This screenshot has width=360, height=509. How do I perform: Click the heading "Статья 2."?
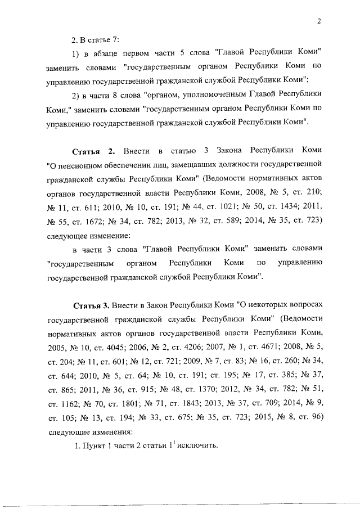(x=94, y=151)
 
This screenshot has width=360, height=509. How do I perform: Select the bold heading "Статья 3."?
(x=92, y=305)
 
